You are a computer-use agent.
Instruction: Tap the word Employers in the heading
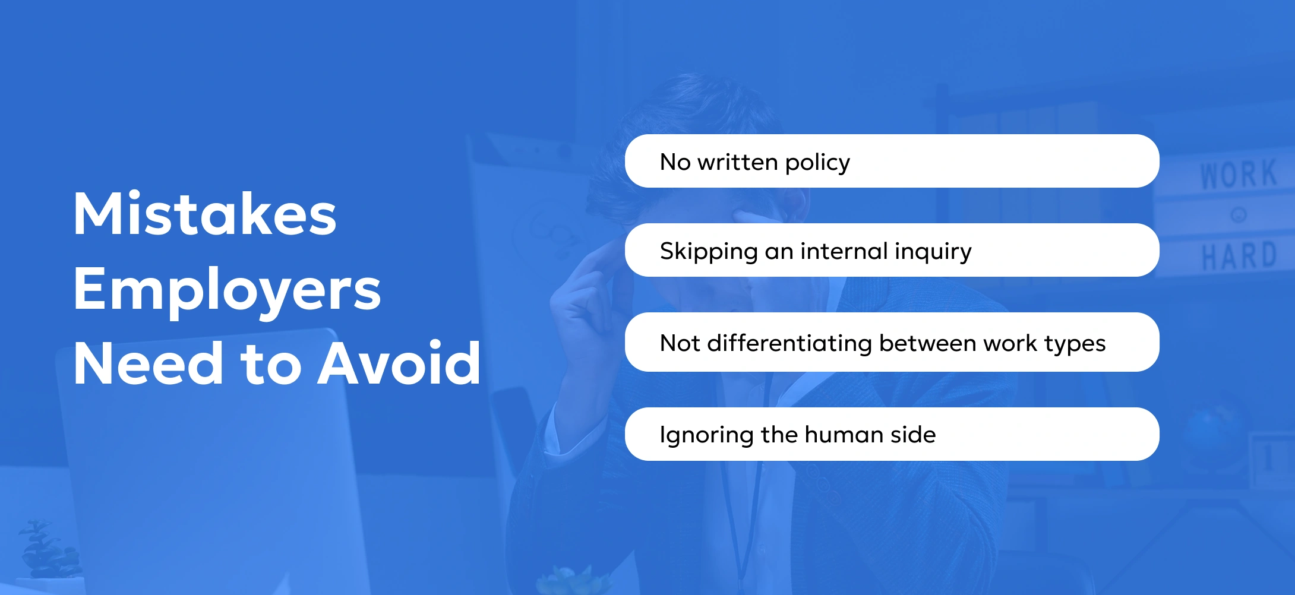[227, 292]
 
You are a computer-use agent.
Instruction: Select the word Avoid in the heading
[399, 363]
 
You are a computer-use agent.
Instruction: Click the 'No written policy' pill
[892, 161]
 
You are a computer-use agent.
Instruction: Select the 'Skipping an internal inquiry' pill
[892, 250]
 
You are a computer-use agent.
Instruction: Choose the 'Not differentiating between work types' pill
[892, 342]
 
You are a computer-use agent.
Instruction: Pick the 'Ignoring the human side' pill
[892, 434]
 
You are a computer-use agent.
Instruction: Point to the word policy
[817, 163]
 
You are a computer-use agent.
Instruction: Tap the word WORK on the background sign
[1239, 175]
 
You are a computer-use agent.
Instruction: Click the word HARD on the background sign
[1239, 256]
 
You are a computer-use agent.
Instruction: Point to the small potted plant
[45, 549]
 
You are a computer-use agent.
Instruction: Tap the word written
[738, 162]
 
